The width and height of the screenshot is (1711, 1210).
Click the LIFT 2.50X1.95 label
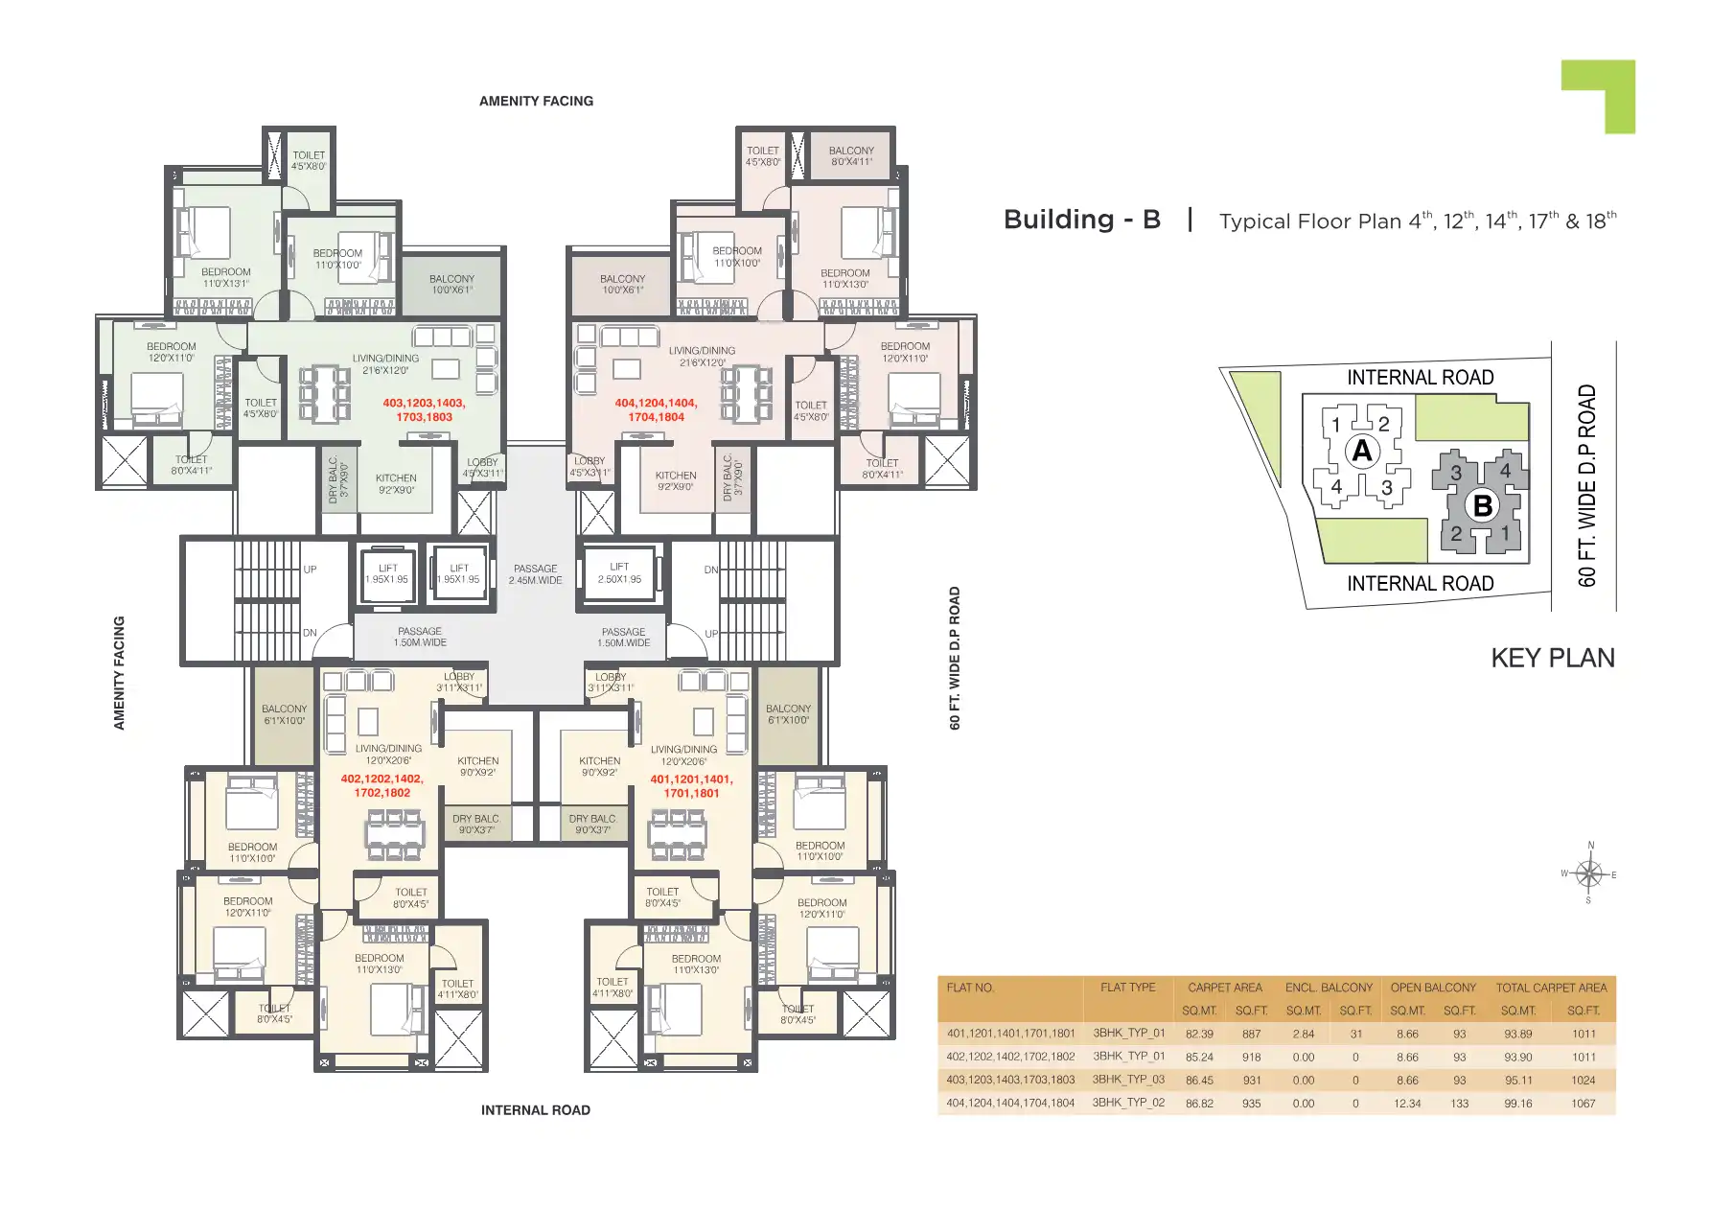pyautogui.click(x=619, y=572)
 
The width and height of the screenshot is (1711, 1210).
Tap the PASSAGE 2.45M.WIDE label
pyautogui.click(x=535, y=574)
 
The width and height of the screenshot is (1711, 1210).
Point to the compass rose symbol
pyautogui.click(x=1589, y=873)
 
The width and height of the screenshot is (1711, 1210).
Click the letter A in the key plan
pyautogui.click(x=1361, y=451)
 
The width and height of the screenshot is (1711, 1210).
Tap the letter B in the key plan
pyautogui.click(x=1482, y=505)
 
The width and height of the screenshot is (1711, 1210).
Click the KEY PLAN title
pyautogui.click(x=1552, y=658)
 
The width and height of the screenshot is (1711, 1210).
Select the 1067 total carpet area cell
pyautogui.click(x=1583, y=1104)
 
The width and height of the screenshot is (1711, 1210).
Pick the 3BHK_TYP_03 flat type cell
pyautogui.click(x=1128, y=1080)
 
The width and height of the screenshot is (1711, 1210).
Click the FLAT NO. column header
pyautogui.click(x=970, y=988)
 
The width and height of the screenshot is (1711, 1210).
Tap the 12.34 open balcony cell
pyautogui.click(x=1407, y=1104)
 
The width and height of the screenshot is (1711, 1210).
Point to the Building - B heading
pyautogui.click(x=1081, y=220)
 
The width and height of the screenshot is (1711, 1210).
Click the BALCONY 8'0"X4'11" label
pyautogui.click(x=851, y=156)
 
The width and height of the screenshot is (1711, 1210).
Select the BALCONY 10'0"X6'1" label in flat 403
pyautogui.click(x=451, y=284)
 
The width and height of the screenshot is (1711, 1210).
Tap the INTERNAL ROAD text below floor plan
pyautogui.click(x=535, y=1110)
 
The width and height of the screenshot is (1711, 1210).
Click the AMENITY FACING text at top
pyautogui.click(x=536, y=101)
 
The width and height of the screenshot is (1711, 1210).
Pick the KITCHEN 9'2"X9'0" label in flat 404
pyautogui.click(x=676, y=480)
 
